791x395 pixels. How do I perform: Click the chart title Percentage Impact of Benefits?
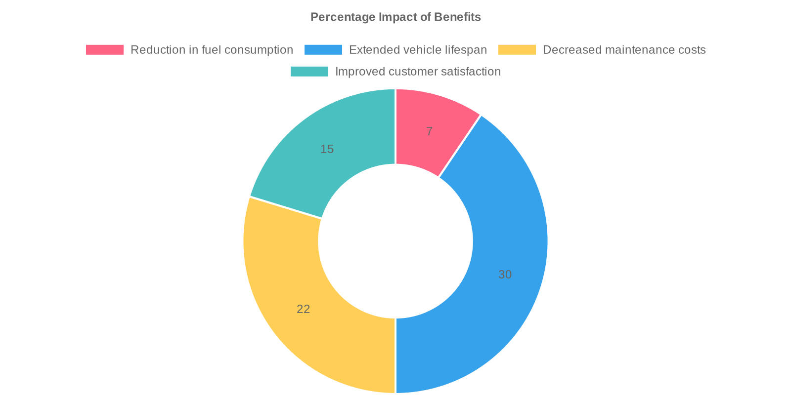[395, 17]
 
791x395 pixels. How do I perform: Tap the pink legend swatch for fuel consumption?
[104, 50]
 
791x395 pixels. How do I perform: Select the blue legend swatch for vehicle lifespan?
[323, 50]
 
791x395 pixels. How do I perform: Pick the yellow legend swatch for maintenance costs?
[517, 50]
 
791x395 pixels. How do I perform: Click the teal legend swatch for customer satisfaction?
[309, 72]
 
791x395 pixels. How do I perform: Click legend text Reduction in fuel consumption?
[212, 50]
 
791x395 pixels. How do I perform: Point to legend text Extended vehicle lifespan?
[418, 50]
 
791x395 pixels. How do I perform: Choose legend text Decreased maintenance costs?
[624, 50]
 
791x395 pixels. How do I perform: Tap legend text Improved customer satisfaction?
[418, 72]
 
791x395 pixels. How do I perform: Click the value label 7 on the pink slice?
[429, 132]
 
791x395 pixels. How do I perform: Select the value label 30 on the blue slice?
[505, 275]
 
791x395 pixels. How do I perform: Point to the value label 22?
[303, 310]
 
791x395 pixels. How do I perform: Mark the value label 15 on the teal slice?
[327, 149]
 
